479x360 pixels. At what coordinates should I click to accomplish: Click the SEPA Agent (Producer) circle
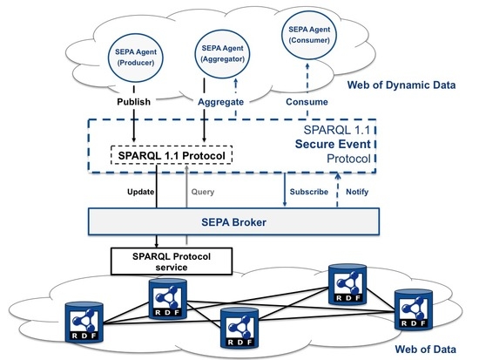click(136, 58)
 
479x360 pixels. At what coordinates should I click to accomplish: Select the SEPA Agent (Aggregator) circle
click(222, 54)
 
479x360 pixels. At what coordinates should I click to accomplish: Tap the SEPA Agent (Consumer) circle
click(309, 35)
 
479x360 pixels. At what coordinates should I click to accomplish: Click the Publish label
click(133, 101)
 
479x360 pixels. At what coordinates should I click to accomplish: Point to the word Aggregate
click(220, 102)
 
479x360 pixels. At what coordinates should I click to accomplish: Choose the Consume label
click(307, 102)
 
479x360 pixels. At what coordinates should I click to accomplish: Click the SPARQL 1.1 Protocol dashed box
click(172, 155)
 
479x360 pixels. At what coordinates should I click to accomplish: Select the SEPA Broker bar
click(233, 221)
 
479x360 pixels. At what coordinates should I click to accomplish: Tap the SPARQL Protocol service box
click(172, 262)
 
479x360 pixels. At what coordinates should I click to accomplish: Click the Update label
click(140, 192)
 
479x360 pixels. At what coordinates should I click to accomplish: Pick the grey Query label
click(203, 192)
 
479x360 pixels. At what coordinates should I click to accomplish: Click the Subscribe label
click(309, 192)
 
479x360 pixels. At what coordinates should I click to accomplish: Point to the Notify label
click(357, 192)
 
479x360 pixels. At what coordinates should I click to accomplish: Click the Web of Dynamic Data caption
click(401, 85)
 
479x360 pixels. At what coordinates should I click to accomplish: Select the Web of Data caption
click(425, 349)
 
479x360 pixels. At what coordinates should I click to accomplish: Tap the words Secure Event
click(333, 144)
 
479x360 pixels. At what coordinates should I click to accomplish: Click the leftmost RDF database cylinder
click(84, 322)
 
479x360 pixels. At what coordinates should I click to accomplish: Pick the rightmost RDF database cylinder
click(414, 309)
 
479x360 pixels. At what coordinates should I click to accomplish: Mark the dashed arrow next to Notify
click(337, 190)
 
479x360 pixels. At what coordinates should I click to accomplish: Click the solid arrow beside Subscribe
click(285, 190)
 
